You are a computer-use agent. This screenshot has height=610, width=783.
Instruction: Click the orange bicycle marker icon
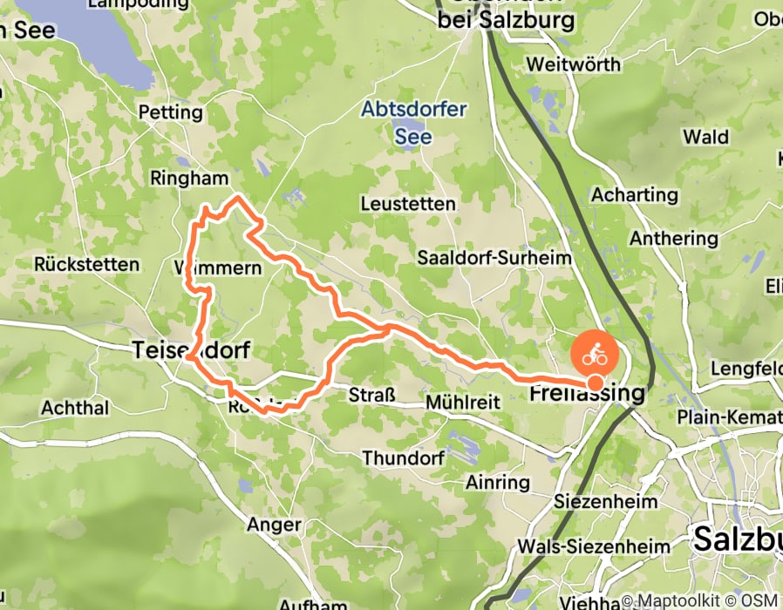[595, 355]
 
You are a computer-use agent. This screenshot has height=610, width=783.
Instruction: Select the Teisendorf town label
[191, 350]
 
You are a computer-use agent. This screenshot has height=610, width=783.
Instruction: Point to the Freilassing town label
[587, 394]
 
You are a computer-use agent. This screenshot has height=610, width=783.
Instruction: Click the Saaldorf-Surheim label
[494, 258]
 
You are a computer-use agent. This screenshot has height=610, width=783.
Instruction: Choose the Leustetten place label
[408, 204]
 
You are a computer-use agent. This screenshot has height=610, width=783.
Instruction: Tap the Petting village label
[171, 112]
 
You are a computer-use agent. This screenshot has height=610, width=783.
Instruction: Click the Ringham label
[189, 179]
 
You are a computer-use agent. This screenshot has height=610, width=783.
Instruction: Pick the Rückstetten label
[87, 264]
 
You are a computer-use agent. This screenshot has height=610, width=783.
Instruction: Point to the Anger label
[274, 525]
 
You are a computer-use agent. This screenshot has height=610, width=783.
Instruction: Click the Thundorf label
[404, 457]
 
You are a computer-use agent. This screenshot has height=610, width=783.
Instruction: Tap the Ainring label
[498, 482]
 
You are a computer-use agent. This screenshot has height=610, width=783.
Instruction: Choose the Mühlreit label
[462, 403]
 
